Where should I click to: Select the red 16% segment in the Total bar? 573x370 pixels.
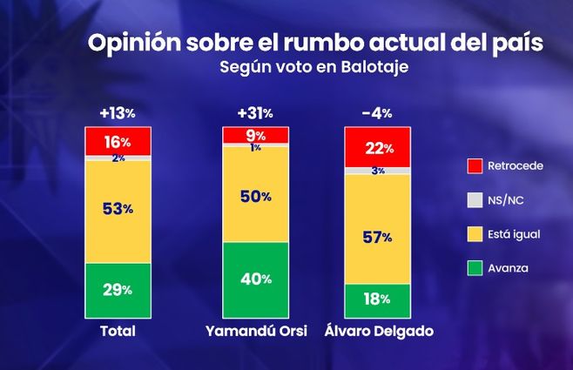(118, 142)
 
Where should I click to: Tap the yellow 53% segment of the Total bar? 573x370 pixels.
(118, 210)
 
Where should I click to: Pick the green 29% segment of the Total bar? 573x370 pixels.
(118, 289)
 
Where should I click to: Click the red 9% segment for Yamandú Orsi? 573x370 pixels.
(255, 135)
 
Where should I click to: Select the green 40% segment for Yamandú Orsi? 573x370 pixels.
(255, 279)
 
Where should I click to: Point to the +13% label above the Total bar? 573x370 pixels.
(118, 113)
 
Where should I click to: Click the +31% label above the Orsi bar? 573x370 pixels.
(255, 113)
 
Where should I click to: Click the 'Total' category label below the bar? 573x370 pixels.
(118, 332)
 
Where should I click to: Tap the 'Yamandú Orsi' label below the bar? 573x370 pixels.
(255, 332)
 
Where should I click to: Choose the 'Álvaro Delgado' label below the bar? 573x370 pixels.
(378, 332)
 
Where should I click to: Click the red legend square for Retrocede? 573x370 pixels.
(474, 165)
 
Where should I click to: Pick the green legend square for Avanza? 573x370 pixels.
(474, 268)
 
